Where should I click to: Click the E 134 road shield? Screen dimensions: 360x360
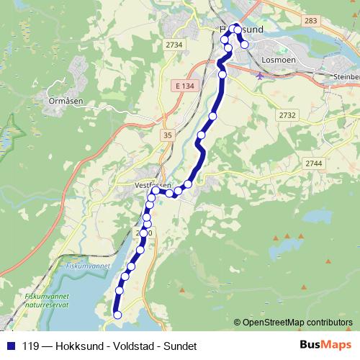coord(184,86)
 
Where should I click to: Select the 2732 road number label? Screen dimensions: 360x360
coord(287,114)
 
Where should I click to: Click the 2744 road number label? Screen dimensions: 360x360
coord(313,164)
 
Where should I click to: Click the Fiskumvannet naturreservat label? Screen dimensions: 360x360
coord(45,300)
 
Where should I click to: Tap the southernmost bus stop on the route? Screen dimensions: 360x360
coord(117,315)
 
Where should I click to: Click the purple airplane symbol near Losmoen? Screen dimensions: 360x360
coord(260,74)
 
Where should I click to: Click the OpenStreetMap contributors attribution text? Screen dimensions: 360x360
coord(297,322)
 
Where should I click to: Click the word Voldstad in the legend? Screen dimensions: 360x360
coord(134,346)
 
